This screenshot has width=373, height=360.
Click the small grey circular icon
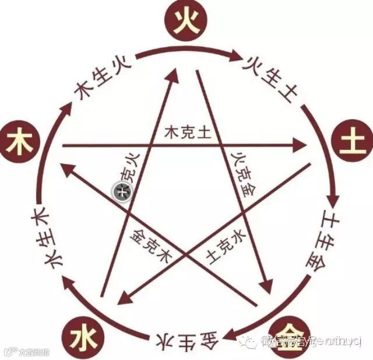click(x=122, y=190)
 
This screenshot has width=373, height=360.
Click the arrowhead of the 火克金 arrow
click(x=268, y=286)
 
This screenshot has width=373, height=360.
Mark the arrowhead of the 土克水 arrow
click(x=122, y=300)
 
